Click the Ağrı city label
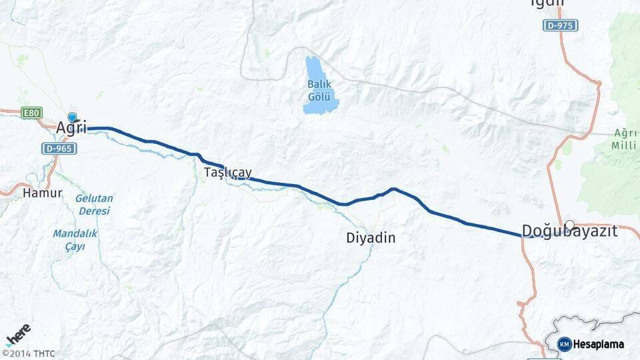pos(71,127)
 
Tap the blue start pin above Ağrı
pos(72,117)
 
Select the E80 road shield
pos(31,113)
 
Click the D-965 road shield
pos(59,148)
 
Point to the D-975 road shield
pos(559,25)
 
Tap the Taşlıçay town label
pos(227,173)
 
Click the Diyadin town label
pos(371,237)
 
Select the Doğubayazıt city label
pos(569,232)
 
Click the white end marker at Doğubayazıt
pos(569,225)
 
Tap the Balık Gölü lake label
pos(319,91)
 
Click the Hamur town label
pos(42,193)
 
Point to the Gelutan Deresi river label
pos(94,205)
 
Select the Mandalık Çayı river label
pos(75,240)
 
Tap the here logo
pos(18,335)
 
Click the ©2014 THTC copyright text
pos(29,353)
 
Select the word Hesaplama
pos(599,345)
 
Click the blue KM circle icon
pos(565,344)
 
